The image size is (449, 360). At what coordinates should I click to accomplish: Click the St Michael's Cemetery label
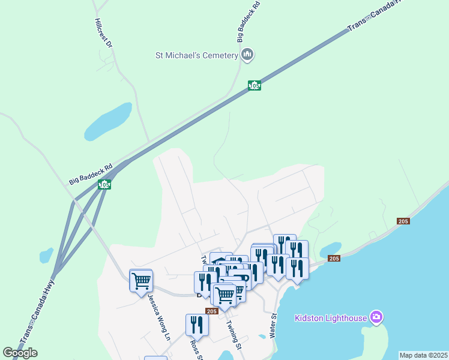pyautogui.click(x=197, y=55)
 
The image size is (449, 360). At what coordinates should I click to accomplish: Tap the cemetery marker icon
pyautogui.click(x=247, y=55)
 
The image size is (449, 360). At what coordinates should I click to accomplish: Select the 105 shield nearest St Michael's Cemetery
pyautogui.click(x=255, y=86)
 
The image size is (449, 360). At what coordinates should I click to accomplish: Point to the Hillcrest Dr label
pyautogui.click(x=104, y=33)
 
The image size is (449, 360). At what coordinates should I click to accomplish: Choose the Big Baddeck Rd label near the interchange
pyautogui.click(x=91, y=175)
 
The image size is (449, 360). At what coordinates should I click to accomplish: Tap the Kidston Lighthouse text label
pyautogui.click(x=330, y=317)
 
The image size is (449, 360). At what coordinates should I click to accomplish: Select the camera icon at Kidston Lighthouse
pyautogui.click(x=376, y=316)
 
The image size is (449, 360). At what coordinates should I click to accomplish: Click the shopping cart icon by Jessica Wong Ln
pyautogui.click(x=141, y=280)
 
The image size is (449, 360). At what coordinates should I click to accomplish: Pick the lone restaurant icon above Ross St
pyautogui.click(x=197, y=325)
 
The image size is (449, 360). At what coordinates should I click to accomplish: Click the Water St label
pyautogui.click(x=273, y=325)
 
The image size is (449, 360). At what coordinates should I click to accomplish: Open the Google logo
pyautogui.click(x=20, y=353)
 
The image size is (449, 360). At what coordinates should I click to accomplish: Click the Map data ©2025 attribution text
pyautogui.click(x=424, y=355)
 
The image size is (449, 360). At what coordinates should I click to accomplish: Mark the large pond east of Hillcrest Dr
pyautogui.click(x=108, y=121)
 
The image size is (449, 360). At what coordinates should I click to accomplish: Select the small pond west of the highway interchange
pyautogui.click(x=46, y=255)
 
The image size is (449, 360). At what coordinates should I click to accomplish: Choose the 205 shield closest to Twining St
pyautogui.click(x=211, y=311)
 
